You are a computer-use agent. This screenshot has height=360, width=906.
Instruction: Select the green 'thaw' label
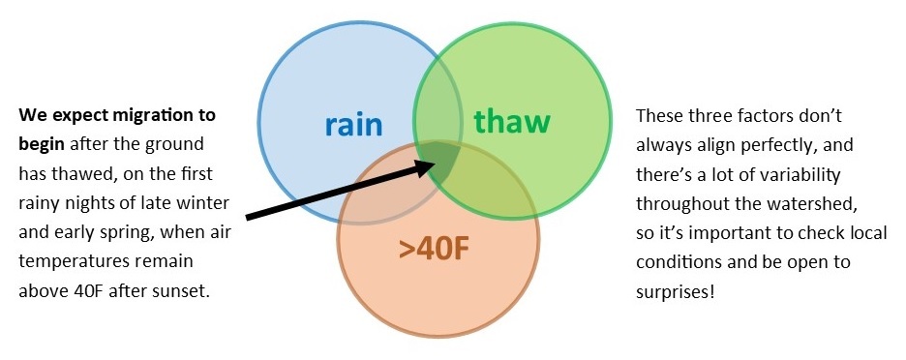(x=512, y=123)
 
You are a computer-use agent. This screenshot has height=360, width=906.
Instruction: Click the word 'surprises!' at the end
(x=676, y=291)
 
